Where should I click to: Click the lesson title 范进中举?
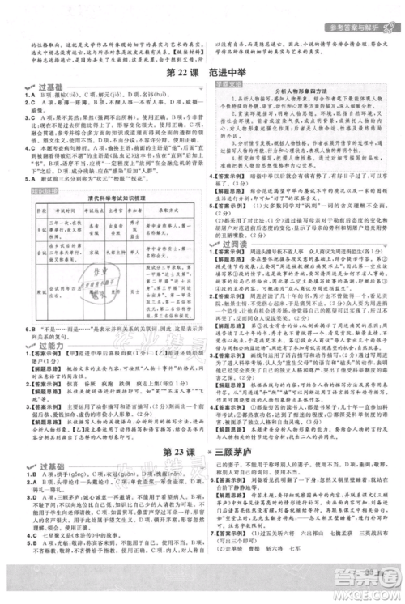(x=232, y=70)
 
